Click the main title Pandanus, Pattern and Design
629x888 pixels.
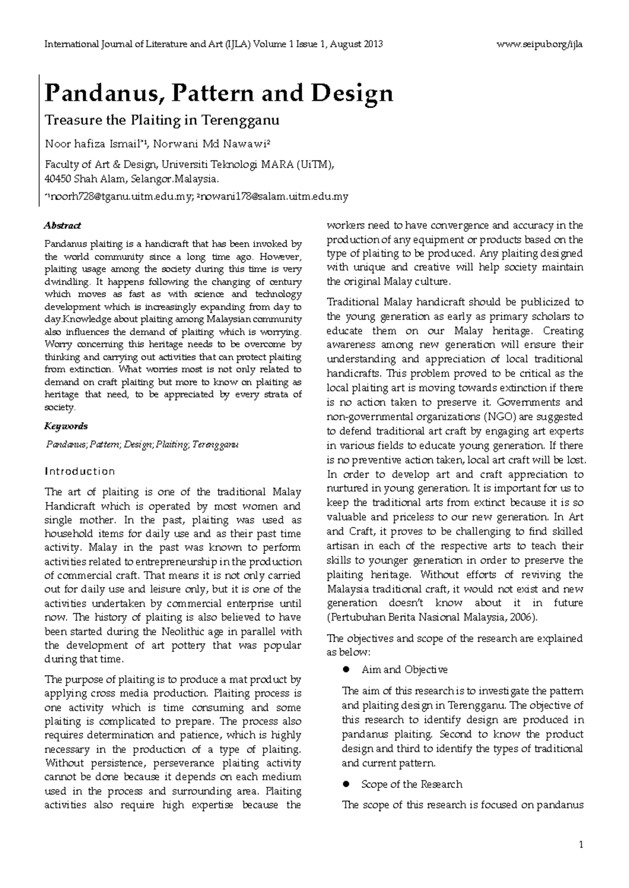coord(219,94)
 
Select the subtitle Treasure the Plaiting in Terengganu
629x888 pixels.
coord(162,120)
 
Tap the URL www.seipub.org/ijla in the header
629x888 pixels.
coord(539,44)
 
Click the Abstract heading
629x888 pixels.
coord(62,226)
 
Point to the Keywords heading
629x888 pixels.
coord(66,426)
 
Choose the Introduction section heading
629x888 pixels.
coord(80,471)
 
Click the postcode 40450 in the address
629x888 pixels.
coord(58,179)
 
